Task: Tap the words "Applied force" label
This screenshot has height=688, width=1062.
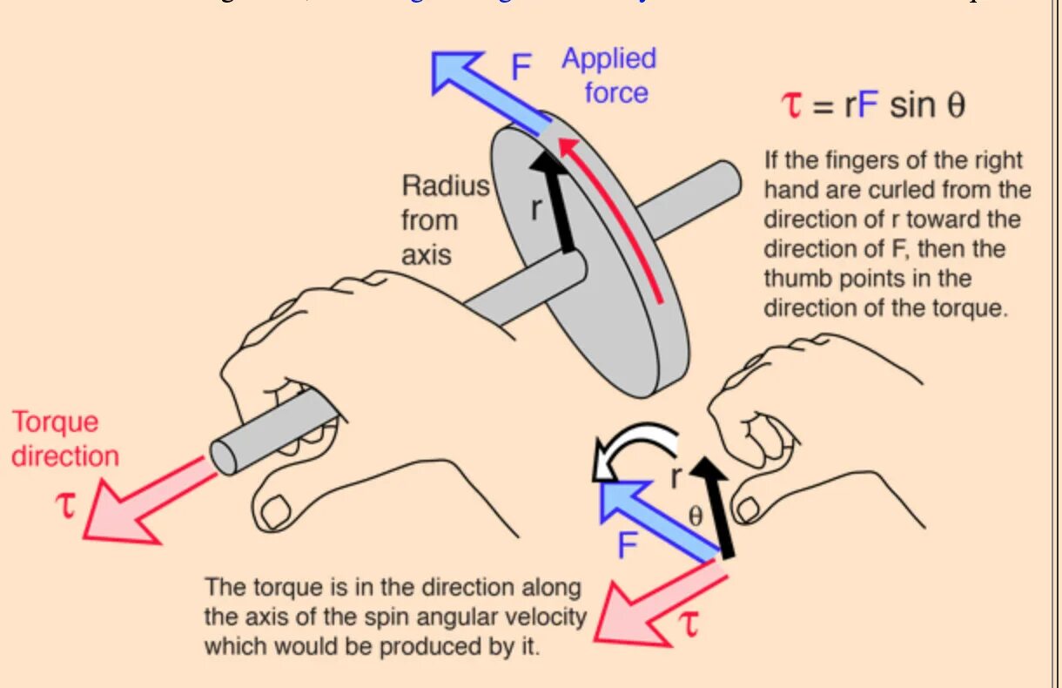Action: (609, 76)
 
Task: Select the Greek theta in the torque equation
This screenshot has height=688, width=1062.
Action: (956, 106)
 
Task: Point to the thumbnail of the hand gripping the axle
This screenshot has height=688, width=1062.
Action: (277, 510)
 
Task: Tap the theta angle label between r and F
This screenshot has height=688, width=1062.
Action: (695, 515)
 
